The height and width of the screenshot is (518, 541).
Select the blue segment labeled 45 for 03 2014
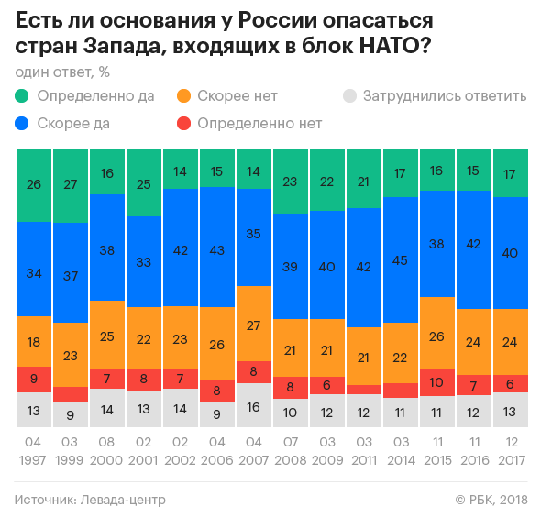pos(401,259)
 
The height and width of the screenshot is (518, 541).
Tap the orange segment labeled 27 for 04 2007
pos(254,324)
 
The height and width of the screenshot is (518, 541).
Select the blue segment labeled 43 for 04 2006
pos(217,248)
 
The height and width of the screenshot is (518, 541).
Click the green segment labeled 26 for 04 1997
pos(34,184)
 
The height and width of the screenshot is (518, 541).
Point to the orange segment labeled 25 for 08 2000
pos(107,336)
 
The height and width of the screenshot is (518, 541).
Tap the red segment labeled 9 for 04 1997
pos(34,379)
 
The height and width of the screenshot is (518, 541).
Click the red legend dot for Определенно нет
pos(183,123)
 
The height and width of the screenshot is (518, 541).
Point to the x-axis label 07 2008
pos(291,450)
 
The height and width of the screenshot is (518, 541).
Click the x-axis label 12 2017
pos(511,450)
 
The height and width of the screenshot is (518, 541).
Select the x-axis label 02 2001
pos(144,450)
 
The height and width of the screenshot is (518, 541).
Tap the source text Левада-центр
pos(124,500)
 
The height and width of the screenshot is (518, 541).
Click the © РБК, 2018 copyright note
pos(491,500)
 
